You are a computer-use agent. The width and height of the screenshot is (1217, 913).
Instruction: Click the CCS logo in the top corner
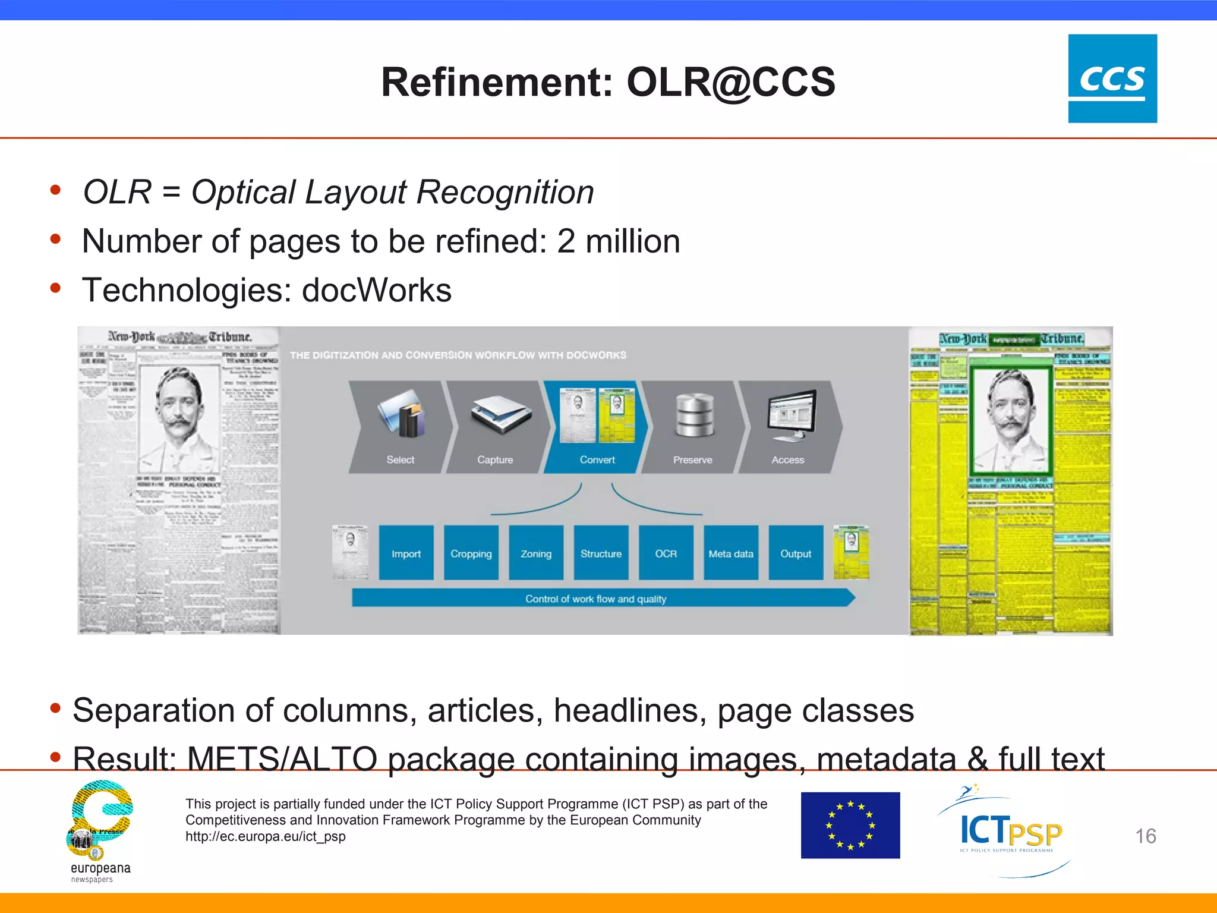(x=1112, y=78)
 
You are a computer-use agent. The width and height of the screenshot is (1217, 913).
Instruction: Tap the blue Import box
(x=406, y=553)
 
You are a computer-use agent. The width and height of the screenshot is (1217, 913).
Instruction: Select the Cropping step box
(x=471, y=553)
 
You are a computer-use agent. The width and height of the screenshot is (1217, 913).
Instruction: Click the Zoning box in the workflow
(x=536, y=553)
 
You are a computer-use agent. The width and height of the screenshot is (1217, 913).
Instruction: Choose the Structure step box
(x=601, y=553)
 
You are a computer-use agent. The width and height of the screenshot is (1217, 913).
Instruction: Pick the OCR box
(x=666, y=553)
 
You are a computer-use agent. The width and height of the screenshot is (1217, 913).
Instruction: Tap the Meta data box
(x=731, y=553)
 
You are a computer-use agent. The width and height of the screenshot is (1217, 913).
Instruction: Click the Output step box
(x=796, y=553)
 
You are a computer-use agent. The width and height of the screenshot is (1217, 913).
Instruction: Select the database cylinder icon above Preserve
(x=694, y=415)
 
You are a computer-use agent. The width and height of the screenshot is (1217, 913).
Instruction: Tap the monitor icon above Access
(x=792, y=415)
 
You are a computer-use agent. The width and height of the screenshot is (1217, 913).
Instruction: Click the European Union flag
(x=850, y=825)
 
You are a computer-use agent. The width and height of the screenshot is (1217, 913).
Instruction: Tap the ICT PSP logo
(x=1010, y=831)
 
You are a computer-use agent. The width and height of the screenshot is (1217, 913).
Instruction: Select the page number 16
(x=1145, y=836)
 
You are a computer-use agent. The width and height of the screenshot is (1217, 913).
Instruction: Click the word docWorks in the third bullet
(x=377, y=291)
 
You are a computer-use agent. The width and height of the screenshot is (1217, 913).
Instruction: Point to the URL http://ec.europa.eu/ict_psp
(x=266, y=836)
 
